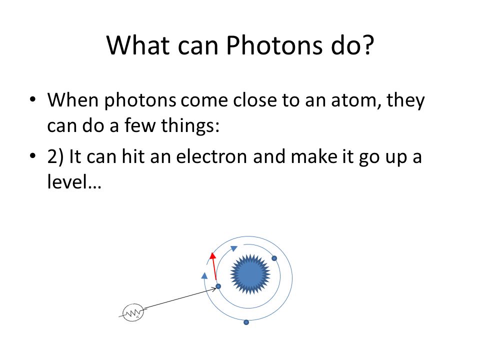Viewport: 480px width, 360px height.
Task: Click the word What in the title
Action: pos(138,45)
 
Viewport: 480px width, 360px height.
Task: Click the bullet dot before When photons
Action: pos(33,100)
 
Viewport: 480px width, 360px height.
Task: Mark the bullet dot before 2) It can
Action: pos(33,156)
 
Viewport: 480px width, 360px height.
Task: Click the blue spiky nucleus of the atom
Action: pos(250,274)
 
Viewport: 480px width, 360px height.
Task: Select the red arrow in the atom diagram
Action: pos(213,266)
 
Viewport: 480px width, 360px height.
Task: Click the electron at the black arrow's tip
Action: pos(218,286)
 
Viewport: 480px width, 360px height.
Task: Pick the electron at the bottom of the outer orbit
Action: pos(246,322)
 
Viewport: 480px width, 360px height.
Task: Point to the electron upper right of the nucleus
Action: pos(274,258)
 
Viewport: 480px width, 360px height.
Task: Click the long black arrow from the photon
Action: pos(180,299)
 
